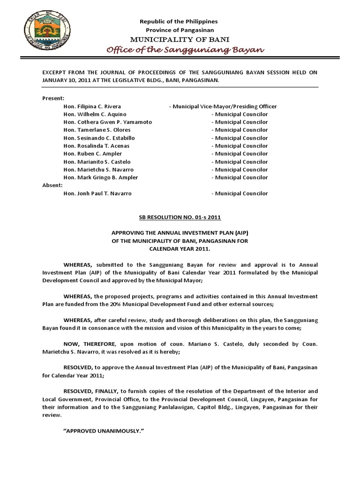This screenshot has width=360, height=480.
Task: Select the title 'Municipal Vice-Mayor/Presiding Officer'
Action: coord(223,106)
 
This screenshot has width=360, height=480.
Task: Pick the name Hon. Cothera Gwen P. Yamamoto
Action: coord(107,122)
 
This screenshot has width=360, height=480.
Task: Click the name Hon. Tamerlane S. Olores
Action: coord(97,130)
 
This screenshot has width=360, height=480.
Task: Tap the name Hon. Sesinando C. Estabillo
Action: coord(99,138)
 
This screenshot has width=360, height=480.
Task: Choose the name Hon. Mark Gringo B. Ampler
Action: coord(101,178)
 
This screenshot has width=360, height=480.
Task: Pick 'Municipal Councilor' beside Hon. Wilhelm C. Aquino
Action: coord(240,114)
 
